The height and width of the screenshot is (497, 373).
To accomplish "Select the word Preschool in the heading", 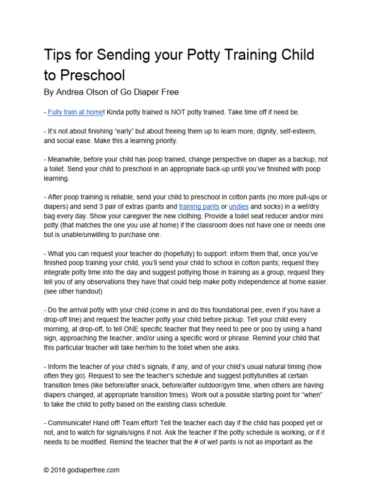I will [93, 75].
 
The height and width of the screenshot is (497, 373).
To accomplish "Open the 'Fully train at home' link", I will [75, 112].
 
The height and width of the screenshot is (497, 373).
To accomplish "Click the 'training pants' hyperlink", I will [199, 206].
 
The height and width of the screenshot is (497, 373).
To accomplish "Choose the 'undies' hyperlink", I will [238, 206].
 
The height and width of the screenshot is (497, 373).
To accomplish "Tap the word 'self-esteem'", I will [302, 132].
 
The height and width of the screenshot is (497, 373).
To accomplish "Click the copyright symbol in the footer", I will [47, 470].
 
